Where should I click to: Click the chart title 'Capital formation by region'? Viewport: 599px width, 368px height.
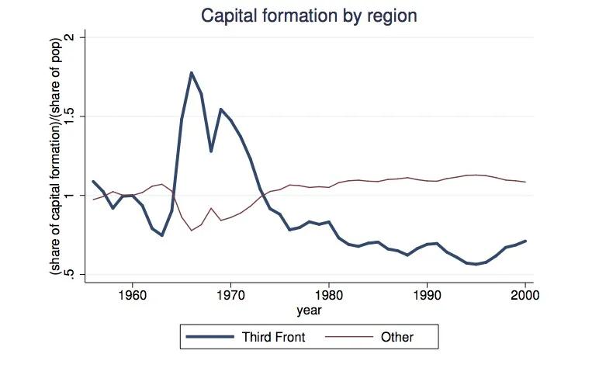[x=299, y=15]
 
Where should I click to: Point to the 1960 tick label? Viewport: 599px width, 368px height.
[x=132, y=296]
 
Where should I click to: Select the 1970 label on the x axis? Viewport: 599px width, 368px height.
[x=230, y=296]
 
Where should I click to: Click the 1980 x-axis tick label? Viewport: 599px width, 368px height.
[x=329, y=296]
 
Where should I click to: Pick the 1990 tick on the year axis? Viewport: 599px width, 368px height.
[x=428, y=296]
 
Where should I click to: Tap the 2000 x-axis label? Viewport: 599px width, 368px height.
[x=525, y=296]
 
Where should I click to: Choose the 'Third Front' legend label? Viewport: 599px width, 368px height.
[x=274, y=337]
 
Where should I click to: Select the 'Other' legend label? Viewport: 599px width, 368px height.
[x=396, y=337]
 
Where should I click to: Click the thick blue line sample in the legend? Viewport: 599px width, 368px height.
[x=211, y=337]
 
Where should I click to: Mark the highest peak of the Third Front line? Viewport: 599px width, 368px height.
[x=192, y=73]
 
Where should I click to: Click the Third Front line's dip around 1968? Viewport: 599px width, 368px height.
[x=211, y=151]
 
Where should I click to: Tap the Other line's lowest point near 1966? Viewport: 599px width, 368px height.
[x=192, y=231]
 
